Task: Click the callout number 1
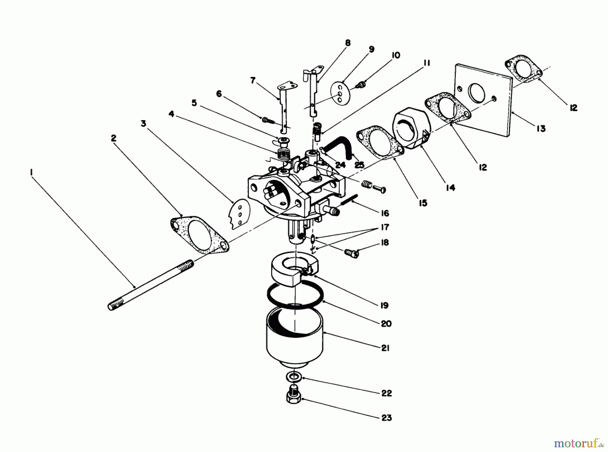[31, 173]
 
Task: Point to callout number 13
[541, 129]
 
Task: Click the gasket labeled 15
[380, 142]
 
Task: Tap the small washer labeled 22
[294, 376]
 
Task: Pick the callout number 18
[385, 243]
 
